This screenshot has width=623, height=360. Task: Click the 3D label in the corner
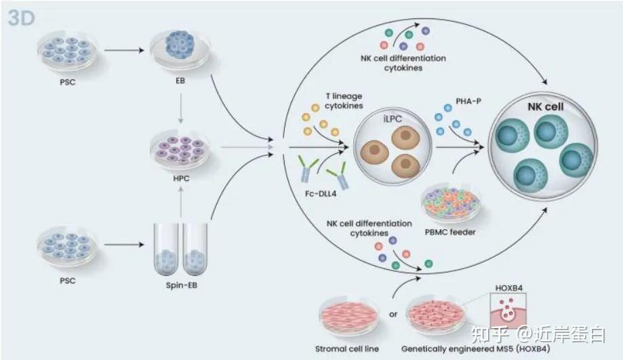(x=22, y=18)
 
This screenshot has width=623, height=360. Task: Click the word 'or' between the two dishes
(x=392, y=313)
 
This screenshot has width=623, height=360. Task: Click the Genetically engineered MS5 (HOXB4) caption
(x=468, y=349)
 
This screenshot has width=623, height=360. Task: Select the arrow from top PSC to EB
(x=120, y=49)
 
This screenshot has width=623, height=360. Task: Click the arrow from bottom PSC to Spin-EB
(x=120, y=245)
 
